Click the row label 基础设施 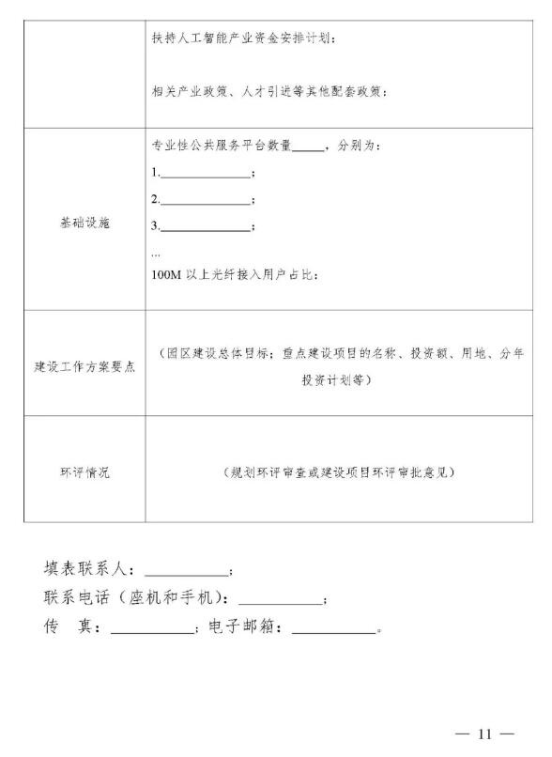[84, 225]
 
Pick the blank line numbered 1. [206, 174]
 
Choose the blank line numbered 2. [206, 200]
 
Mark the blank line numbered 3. [206, 226]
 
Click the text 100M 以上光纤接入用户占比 [235, 275]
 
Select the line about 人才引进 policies [269, 91]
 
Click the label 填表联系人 [90, 569]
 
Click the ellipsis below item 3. [156, 252]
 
